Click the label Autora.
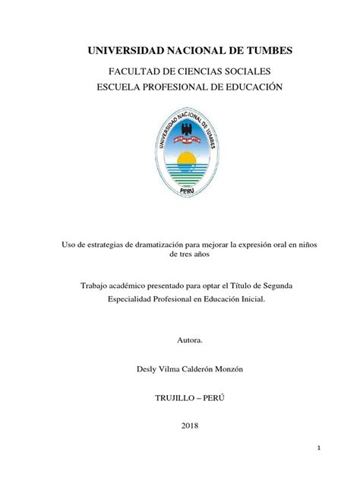point(179,343)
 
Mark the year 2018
point(180,426)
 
